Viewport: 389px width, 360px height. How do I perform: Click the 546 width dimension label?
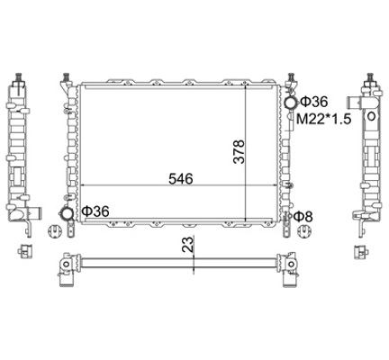point(180,179)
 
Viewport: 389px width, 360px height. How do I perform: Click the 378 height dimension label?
point(240,151)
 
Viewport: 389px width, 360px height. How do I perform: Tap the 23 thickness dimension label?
point(187,244)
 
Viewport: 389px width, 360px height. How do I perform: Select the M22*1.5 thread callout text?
point(323,120)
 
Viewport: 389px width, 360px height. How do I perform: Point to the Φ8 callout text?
point(303,216)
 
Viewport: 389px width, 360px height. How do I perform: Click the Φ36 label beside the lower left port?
point(95,211)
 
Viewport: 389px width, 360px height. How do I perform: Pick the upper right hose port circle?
point(291,103)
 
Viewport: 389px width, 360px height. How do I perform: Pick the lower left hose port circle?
point(67,214)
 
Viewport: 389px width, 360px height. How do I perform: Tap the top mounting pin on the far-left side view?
point(19,76)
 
